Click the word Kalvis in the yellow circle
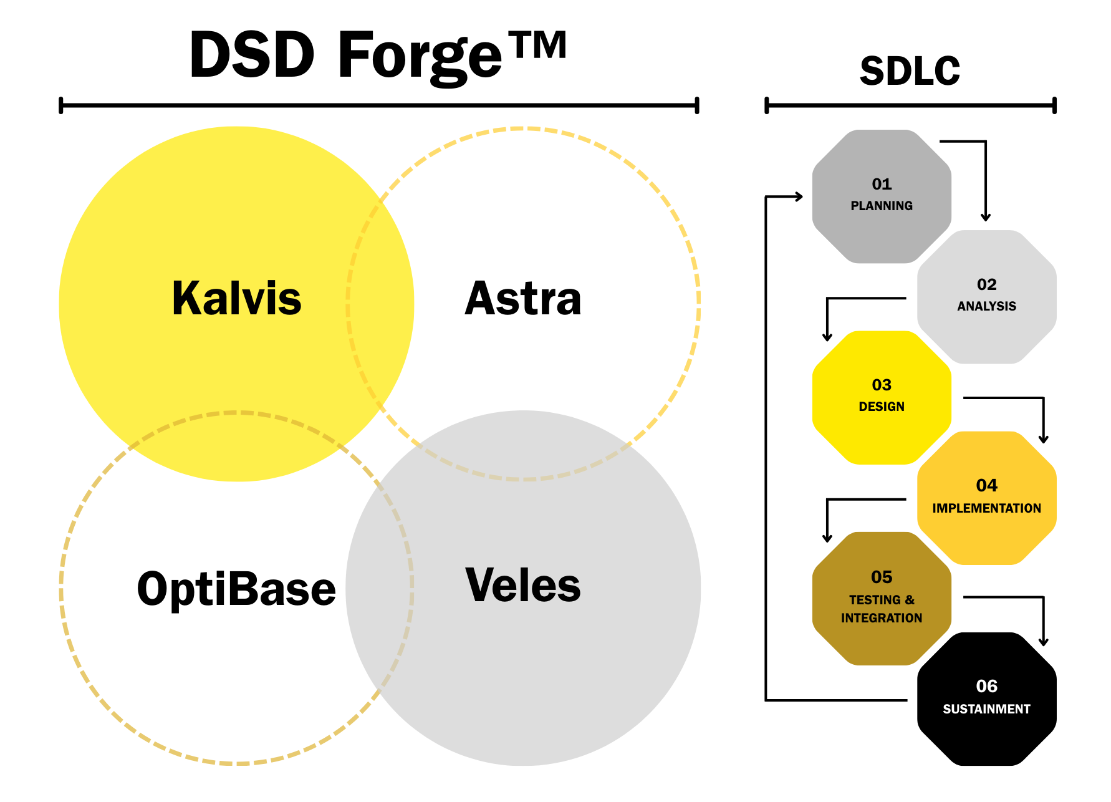click(236, 298)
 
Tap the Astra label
click(522, 298)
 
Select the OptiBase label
click(236, 589)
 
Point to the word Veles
click(522, 585)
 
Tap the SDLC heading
click(910, 70)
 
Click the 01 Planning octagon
click(882, 196)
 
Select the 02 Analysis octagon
click(986, 296)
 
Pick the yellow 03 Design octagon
click(882, 397)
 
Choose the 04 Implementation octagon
click(986, 498)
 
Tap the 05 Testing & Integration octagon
click(882, 598)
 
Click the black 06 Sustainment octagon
click(986, 698)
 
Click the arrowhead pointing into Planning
click(799, 196)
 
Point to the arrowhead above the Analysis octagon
click(985, 217)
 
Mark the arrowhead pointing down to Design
click(827, 337)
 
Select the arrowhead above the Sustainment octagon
click(1043, 642)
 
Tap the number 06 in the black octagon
click(986, 686)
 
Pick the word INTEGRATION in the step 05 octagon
click(882, 618)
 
